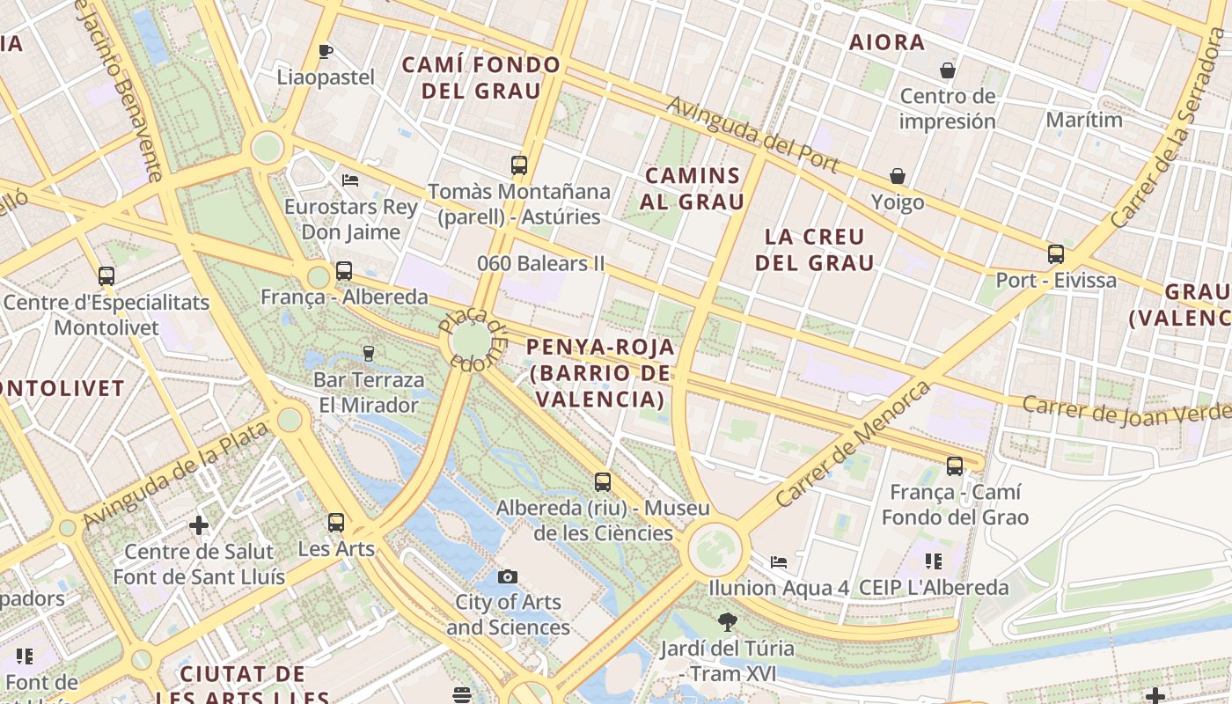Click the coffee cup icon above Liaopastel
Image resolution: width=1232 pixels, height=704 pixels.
pyautogui.click(x=325, y=51)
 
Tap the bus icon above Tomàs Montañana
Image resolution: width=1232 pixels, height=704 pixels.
pyautogui.click(x=519, y=165)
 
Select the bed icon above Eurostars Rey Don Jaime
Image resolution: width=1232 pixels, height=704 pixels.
pyautogui.click(x=350, y=180)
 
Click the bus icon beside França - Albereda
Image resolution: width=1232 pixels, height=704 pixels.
pyautogui.click(x=344, y=271)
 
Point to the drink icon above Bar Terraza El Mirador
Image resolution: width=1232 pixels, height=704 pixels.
pyautogui.click(x=369, y=354)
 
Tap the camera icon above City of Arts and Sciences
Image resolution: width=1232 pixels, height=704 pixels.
pyautogui.click(x=508, y=576)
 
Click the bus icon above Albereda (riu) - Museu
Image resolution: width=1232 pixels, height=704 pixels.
pyautogui.click(x=603, y=482)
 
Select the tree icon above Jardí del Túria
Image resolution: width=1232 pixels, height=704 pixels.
pyautogui.click(x=727, y=622)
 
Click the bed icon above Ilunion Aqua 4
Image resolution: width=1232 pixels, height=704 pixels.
pyautogui.click(x=779, y=561)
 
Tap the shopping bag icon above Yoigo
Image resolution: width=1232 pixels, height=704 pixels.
pyautogui.click(x=898, y=177)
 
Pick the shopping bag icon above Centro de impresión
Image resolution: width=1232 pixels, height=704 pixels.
pyautogui.click(x=948, y=70)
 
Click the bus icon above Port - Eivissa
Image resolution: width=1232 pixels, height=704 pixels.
pyautogui.click(x=1056, y=254)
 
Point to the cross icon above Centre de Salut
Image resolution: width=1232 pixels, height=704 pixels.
pyautogui.click(x=199, y=525)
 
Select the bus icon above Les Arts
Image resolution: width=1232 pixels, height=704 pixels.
pyautogui.click(x=336, y=523)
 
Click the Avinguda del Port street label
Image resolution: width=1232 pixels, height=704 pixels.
pyautogui.click(x=752, y=135)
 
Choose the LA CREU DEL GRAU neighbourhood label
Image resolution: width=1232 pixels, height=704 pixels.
pyautogui.click(x=815, y=249)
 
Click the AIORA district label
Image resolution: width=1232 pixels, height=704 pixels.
pyautogui.click(x=886, y=42)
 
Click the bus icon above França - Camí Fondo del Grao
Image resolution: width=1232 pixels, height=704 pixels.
pyautogui.click(x=955, y=466)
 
